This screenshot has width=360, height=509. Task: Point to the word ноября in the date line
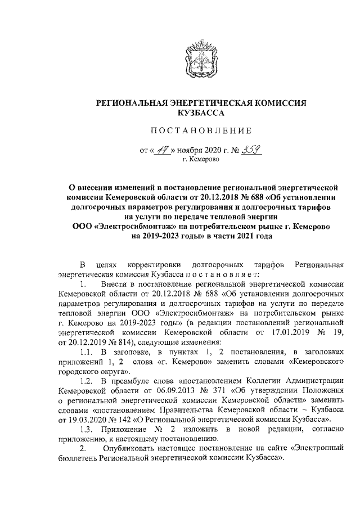point(194,151)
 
